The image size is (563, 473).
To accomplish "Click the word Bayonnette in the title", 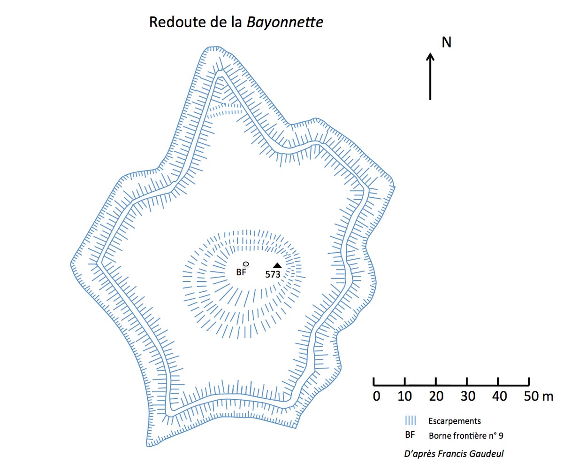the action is coord(285,22).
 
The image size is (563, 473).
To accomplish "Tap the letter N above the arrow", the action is coord(446,42).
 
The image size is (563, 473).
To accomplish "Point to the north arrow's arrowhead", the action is coord(430,56).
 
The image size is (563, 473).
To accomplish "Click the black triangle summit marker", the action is coord(277,265).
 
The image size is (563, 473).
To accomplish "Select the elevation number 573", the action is coord(273,274).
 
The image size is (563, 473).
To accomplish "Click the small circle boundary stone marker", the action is coord(246,264).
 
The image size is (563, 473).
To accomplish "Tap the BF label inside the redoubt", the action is coord(241,272).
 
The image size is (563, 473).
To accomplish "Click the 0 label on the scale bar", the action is coord(376,396).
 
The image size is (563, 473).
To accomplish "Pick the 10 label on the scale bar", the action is coord(405,396).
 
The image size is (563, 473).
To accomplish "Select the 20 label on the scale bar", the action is coord(436,396).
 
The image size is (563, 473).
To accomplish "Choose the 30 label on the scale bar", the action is coord(468,396).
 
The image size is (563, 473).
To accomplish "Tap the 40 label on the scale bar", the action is coord(499,396).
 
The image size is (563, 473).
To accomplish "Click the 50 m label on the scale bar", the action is coord(538,396).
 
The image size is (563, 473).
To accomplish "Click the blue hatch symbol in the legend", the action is coord(411,420).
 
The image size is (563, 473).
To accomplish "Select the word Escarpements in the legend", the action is coord(455,421).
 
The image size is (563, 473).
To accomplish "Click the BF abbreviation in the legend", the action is coord(410,434).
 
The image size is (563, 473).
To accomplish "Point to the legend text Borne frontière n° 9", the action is coord(466,436).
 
